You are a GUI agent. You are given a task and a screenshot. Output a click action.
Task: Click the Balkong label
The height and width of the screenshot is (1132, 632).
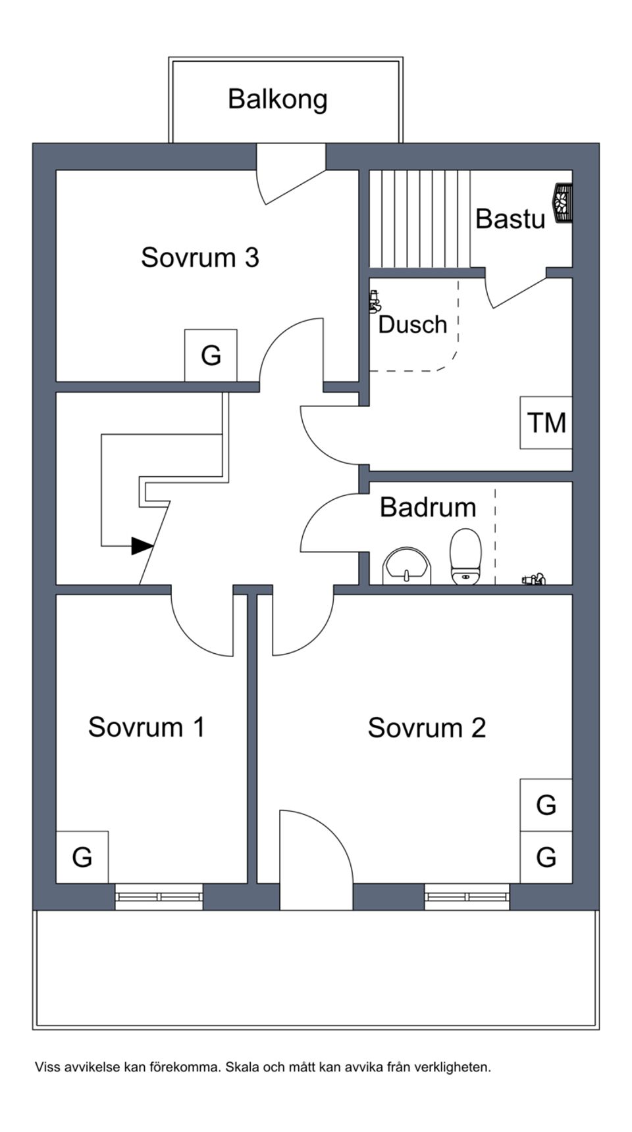pyautogui.click(x=277, y=99)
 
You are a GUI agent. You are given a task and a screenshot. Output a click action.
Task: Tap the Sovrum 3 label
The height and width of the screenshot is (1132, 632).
pyautogui.click(x=199, y=257)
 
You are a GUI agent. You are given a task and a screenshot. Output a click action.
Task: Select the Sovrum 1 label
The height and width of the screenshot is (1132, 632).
pyautogui.click(x=146, y=727)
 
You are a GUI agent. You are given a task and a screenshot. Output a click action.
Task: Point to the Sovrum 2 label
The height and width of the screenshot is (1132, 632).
pyautogui.click(x=427, y=727)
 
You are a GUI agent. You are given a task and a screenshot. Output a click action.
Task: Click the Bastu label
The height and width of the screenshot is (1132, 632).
pyautogui.click(x=510, y=219)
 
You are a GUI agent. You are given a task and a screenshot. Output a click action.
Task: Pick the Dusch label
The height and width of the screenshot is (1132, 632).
pyautogui.click(x=413, y=324)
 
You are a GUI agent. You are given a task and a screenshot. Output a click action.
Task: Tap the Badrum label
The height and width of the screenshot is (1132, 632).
pyautogui.click(x=428, y=507)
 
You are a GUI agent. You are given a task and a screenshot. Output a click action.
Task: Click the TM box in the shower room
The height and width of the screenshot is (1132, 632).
pyautogui.click(x=546, y=423)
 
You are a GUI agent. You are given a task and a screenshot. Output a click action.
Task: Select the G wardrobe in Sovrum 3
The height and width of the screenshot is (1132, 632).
pyautogui.click(x=211, y=355)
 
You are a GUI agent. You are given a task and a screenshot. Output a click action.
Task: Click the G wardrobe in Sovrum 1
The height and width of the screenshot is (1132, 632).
pyautogui.click(x=82, y=857)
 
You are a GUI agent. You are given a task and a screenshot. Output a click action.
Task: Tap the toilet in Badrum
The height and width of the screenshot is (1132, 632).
pyautogui.click(x=465, y=556)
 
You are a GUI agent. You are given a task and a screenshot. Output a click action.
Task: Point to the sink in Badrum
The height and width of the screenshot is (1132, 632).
pyautogui.click(x=407, y=566)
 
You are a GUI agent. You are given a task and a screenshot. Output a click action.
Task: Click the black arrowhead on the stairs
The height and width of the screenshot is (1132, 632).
pyautogui.click(x=142, y=546)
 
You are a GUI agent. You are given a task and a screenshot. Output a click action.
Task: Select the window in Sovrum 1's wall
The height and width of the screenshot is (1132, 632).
pyautogui.click(x=159, y=897)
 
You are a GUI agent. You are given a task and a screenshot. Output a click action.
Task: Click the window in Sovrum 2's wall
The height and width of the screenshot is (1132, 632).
pyautogui.click(x=467, y=897)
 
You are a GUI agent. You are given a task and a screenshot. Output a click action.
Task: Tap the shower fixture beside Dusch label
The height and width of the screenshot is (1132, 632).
pyautogui.click(x=375, y=301)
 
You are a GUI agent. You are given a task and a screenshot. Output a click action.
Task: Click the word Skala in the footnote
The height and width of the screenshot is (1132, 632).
pyautogui.click(x=242, y=1067)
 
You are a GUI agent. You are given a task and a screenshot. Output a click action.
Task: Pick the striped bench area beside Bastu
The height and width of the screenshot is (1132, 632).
pyautogui.click(x=419, y=218)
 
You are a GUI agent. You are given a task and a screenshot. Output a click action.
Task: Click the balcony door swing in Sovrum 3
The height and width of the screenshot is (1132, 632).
pyautogui.click(x=290, y=179)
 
